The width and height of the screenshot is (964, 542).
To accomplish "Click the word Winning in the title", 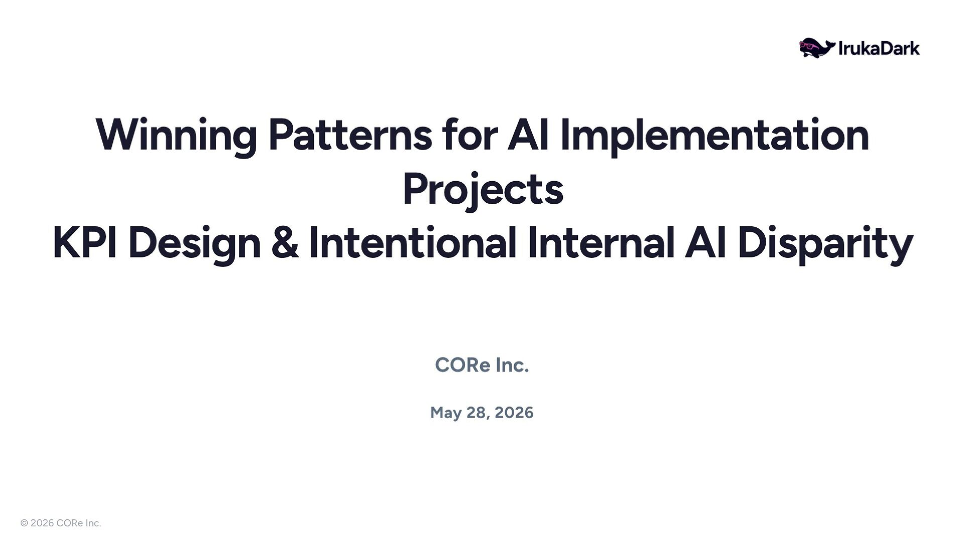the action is (x=176, y=135).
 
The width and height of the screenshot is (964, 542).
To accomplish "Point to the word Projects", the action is (x=483, y=190).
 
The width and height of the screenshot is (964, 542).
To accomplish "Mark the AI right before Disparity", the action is (x=705, y=243).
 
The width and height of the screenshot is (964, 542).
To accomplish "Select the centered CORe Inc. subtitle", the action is (x=482, y=365).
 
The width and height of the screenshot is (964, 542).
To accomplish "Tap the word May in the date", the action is (x=446, y=413).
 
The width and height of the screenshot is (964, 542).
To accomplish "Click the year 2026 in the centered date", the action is (x=514, y=413).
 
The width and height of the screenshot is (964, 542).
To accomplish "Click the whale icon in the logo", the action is (x=817, y=48).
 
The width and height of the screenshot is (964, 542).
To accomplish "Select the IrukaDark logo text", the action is (x=879, y=48).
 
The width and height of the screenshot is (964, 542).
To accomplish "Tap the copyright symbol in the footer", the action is (x=24, y=523).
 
